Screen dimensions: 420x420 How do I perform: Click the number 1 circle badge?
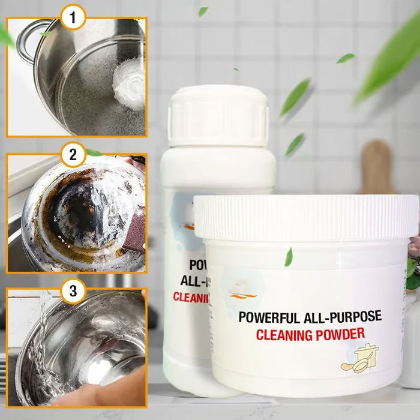[73, 19]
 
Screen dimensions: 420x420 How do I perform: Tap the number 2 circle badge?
[73, 155]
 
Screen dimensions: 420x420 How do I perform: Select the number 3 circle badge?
[73, 292]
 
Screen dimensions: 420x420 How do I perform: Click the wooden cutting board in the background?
[377, 168]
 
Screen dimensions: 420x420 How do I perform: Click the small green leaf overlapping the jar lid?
[289, 257]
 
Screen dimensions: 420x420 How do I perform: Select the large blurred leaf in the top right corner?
[390, 60]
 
